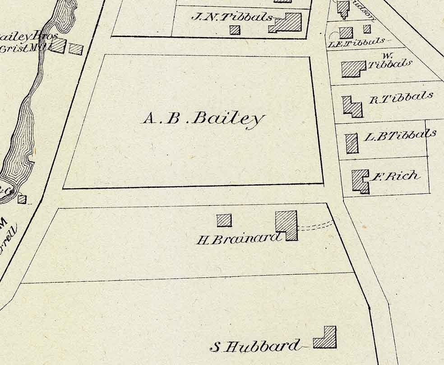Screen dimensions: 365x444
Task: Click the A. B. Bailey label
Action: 203,119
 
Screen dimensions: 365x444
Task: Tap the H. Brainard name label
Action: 239,239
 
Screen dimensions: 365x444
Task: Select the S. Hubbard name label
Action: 255,347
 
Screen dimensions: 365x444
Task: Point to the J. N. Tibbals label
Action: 232,17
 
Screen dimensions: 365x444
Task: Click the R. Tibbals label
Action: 401,98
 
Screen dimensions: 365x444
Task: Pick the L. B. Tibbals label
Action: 400,135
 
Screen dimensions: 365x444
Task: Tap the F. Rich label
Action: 395,176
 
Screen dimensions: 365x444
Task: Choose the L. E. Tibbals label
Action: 356,42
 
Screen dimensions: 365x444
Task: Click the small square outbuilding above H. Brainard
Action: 224,220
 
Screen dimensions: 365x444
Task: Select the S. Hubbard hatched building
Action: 326,337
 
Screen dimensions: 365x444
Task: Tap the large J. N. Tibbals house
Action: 287,23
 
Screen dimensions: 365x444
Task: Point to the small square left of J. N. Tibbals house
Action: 235,30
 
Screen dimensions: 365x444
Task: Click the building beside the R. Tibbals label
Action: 352,107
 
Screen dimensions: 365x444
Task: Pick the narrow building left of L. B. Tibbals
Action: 351,143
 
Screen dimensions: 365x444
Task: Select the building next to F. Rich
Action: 360,181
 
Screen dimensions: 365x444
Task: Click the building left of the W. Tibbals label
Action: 353,69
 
